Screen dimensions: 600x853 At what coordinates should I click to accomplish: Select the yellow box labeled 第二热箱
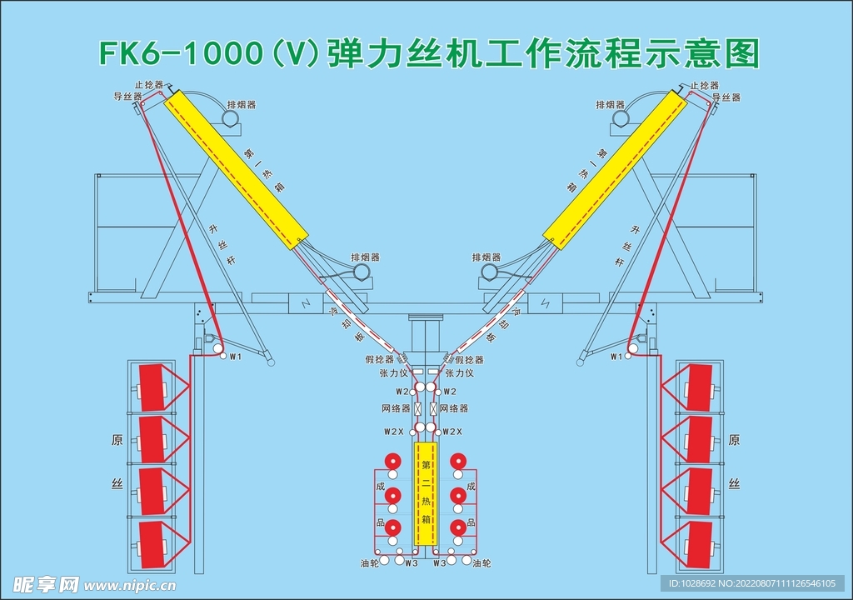click(426, 493)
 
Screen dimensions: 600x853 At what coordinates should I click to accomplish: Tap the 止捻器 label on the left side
click(148, 86)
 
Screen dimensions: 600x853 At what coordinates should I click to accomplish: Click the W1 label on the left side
click(235, 357)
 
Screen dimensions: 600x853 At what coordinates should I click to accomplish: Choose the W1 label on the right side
click(616, 357)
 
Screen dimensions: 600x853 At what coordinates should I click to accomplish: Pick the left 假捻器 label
click(379, 360)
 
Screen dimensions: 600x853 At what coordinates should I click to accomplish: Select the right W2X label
click(451, 432)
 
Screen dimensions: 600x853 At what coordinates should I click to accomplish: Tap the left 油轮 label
click(370, 564)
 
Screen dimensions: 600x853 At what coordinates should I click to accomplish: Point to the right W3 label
click(440, 564)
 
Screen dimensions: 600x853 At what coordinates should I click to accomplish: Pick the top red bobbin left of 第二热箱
click(392, 461)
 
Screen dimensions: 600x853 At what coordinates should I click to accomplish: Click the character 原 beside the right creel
click(734, 440)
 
